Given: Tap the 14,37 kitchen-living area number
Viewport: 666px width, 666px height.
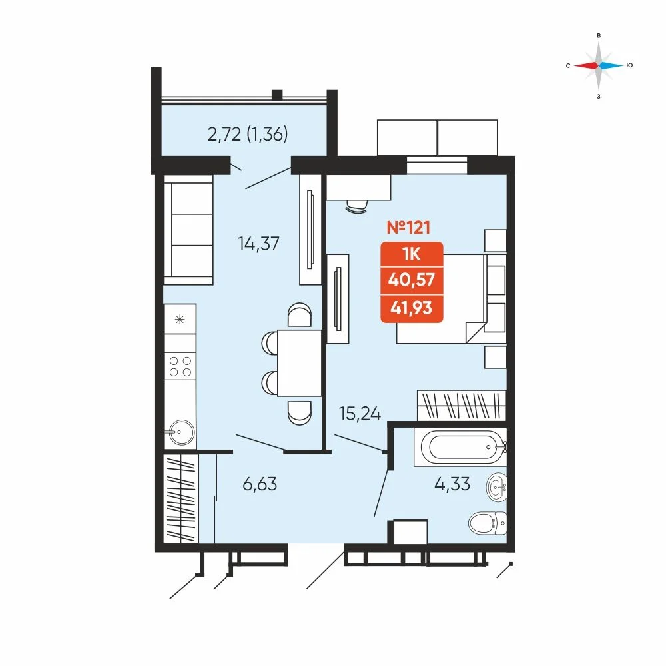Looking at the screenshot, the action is (258, 244).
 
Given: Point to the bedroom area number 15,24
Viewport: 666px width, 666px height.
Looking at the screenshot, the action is (360, 414).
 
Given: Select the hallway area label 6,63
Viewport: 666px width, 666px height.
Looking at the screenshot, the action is (260, 484).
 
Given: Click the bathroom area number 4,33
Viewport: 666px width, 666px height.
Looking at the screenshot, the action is (452, 484).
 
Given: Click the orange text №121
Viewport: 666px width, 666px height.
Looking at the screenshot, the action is (409, 228).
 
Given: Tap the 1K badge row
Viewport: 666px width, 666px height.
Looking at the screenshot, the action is (412, 254).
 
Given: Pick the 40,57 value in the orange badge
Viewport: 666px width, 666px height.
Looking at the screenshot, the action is (412, 280).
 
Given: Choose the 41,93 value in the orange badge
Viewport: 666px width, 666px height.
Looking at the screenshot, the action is (412, 308).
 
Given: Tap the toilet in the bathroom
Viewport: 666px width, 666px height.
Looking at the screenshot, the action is (488, 523).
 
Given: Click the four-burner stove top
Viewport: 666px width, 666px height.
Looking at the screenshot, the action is (180, 366).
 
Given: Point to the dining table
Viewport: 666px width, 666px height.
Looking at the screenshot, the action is (300, 363).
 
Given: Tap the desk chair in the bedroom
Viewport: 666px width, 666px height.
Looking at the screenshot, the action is (357, 207).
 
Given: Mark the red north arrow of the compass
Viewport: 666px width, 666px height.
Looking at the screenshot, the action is (586, 65).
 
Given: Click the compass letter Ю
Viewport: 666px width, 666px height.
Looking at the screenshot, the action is (629, 65).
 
